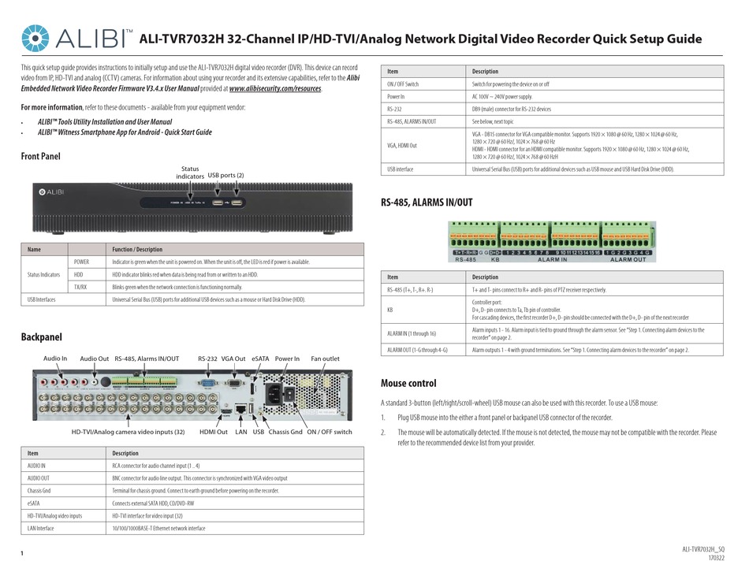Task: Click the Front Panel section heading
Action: click(x=40, y=156)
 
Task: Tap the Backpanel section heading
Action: click(x=41, y=337)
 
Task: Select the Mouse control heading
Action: click(x=408, y=383)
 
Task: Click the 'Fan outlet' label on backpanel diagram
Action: click(x=326, y=359)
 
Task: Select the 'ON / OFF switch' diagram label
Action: click(x=330, y=431)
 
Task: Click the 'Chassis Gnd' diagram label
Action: click(x=285, y=431)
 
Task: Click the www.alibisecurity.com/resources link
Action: click(x=275, y=89)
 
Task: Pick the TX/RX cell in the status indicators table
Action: click(x=80, y=288)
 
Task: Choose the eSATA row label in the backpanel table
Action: click(x=33, y=503)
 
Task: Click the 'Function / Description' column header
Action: click(x=137, y=250)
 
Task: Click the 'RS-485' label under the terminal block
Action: click(x=465, y=259)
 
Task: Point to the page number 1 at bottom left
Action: click(x=21, y=555)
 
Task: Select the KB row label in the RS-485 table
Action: click(x=389, y=309)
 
